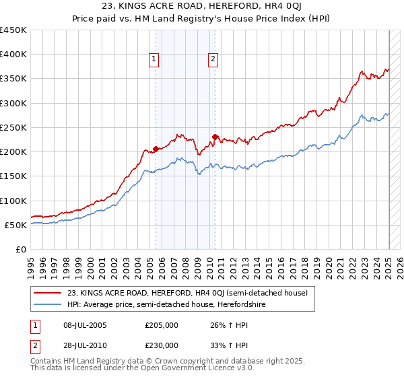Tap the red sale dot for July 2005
click(156, 149)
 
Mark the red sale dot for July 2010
click(215, 137)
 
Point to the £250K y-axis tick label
click(13, 127)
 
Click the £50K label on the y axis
click(16, 225)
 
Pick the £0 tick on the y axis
click(22, 249)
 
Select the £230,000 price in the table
click(161, 345)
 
